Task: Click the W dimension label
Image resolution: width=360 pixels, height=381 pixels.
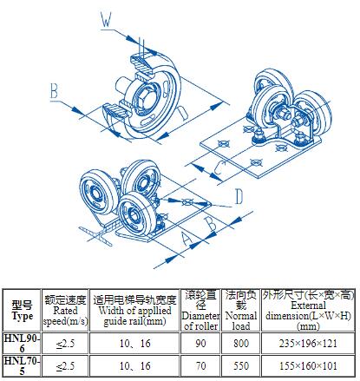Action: tap(106, 20)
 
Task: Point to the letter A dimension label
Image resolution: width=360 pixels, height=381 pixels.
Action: tap(187, 239)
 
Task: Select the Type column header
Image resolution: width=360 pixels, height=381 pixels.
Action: tap(22, 310)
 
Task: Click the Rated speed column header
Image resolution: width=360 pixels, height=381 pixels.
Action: tap(65, 310)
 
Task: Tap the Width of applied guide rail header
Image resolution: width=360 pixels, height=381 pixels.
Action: tap(134, 310)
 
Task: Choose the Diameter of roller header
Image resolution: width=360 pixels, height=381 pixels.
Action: tap(200, 310)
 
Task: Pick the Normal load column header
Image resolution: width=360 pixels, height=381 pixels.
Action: tap(241, 310)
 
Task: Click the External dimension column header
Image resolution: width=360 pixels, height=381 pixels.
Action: tap(308, 310)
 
